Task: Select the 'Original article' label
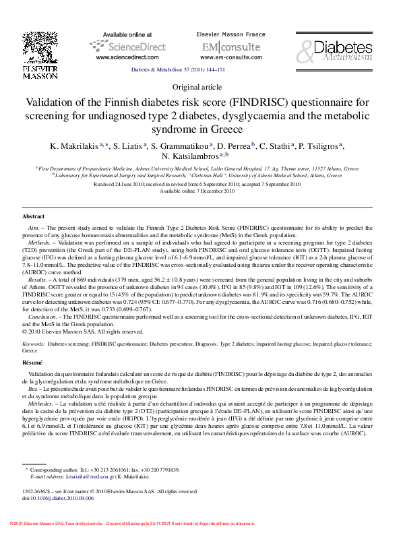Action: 200,87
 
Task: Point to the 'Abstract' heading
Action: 34,216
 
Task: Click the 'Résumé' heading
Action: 33,363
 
